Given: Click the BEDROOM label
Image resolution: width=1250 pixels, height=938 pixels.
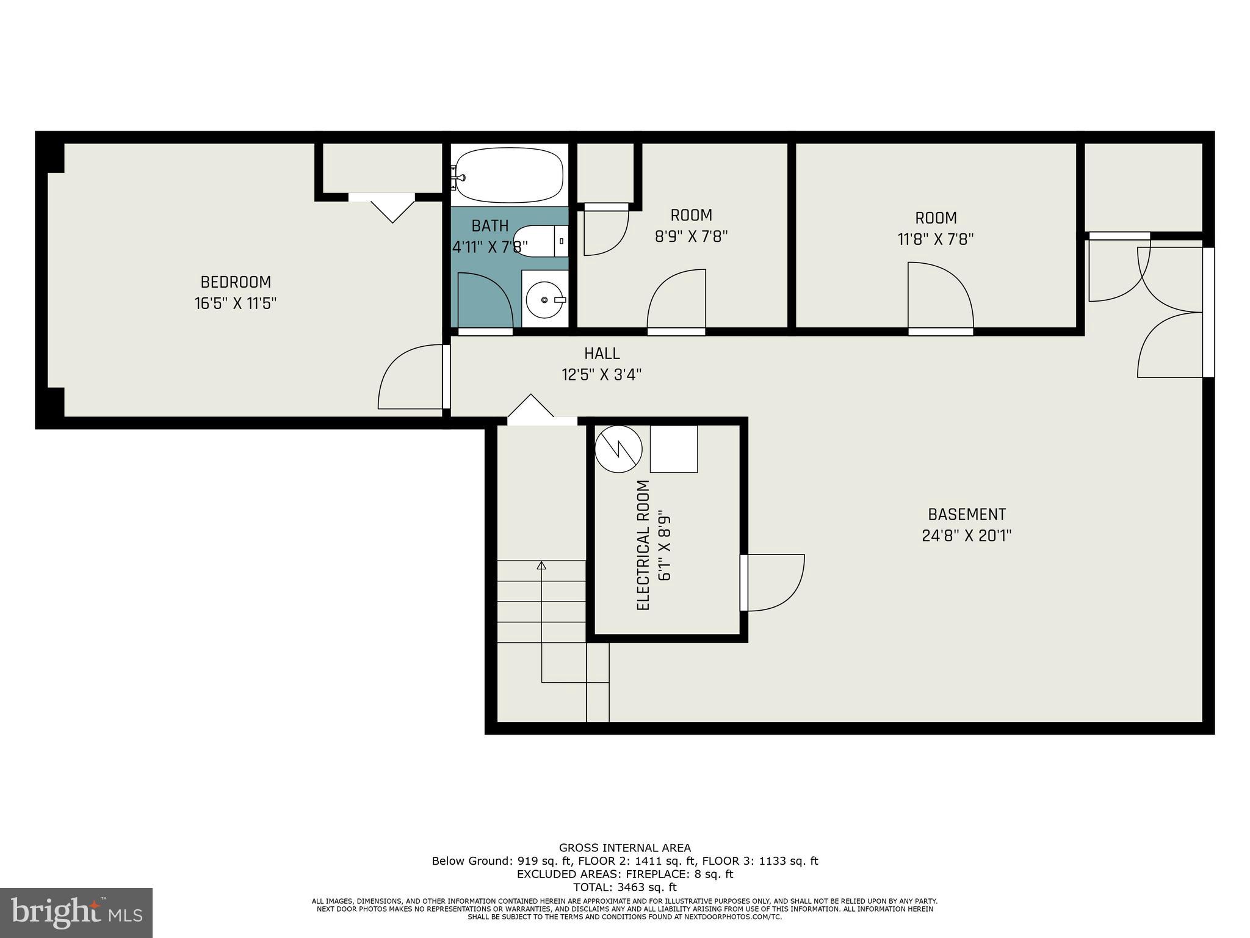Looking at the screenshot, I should click(236, 282).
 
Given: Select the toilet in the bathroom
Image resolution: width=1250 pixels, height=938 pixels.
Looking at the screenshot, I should click(540, 241).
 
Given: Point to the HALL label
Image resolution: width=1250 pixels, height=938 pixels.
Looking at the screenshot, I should click(602, 354).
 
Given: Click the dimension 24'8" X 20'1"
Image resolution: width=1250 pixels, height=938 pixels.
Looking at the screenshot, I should click(966, 536).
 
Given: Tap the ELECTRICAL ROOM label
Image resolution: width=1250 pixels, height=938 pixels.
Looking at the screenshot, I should click(643, 545).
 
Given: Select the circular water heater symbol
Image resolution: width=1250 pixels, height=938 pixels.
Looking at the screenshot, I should click(619, 449).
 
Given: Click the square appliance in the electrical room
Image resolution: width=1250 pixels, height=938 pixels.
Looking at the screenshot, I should click(673, 449).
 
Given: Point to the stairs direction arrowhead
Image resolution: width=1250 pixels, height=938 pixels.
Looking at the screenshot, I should click(541, 565).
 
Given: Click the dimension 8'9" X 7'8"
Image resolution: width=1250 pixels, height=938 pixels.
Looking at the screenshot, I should click(691, 236).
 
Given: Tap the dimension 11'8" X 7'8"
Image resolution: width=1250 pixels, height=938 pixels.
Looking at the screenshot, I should click(935, 239).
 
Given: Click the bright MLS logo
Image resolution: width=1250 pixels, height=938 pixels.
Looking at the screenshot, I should click(76, 912).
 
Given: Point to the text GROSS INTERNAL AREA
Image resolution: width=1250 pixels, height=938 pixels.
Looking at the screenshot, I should click(624, 848).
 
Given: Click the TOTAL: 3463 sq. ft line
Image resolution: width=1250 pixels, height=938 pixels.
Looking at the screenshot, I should click(624, 887).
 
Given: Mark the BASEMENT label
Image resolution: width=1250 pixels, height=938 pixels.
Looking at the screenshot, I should click(966, 514).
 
